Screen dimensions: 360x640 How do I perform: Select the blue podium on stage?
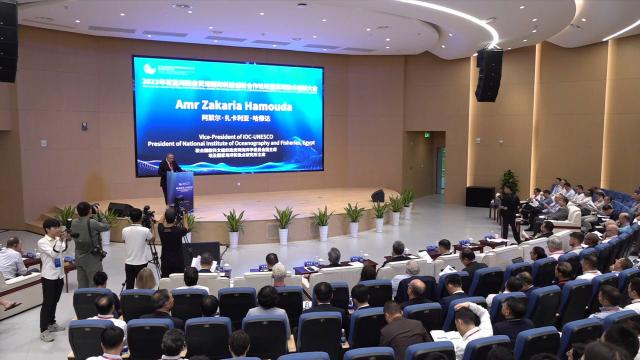pyautogui.click(x=181, y=190)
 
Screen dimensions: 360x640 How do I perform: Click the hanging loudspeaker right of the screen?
pyautogui.click(x=488, y=75)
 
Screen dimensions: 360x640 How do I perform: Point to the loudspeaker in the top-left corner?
pyautogui.click(x=8, y=40)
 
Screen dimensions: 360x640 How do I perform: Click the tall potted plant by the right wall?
pyautogui.click(x=509, y=183)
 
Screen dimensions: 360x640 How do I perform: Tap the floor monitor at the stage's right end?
pyautogui.click(x=378, y=196)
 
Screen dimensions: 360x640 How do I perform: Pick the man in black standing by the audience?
pyautogui.click(x=510, y=212)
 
